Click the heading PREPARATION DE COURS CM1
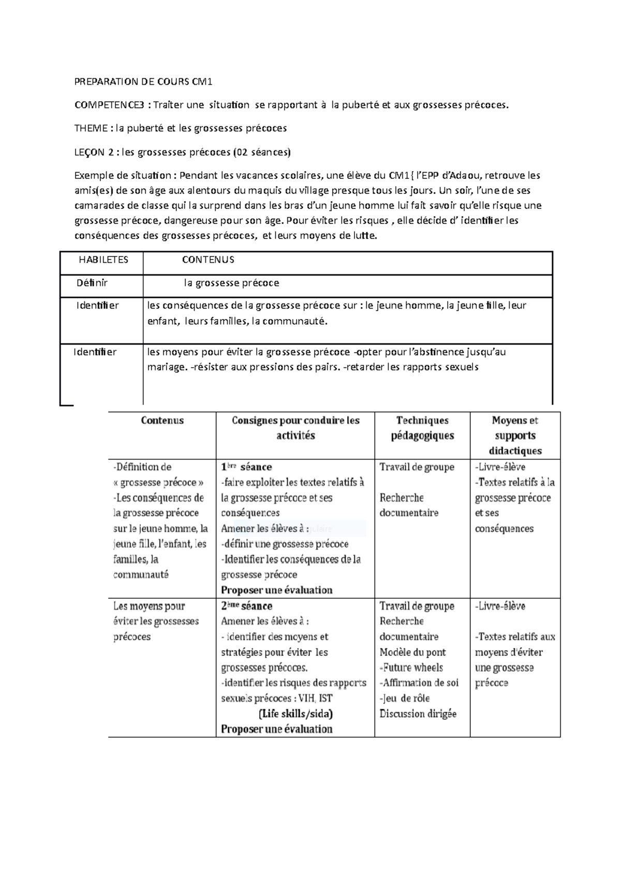coord(143,82)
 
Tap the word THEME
coord(92,128)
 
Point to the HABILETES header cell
coord(103,260)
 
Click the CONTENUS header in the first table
coord(208,260)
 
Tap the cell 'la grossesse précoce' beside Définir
coord(231,283)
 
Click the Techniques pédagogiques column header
coord(422,428)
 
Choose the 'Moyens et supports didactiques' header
coord(515,435)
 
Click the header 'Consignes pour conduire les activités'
coord(295,428)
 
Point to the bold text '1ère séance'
coord(246,467)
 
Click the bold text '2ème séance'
coord(246,606)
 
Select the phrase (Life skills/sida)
coord(295,714)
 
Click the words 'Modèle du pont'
coord(412,652)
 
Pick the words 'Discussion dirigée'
coord(418,714)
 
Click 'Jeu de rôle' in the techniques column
coord(406,699)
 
